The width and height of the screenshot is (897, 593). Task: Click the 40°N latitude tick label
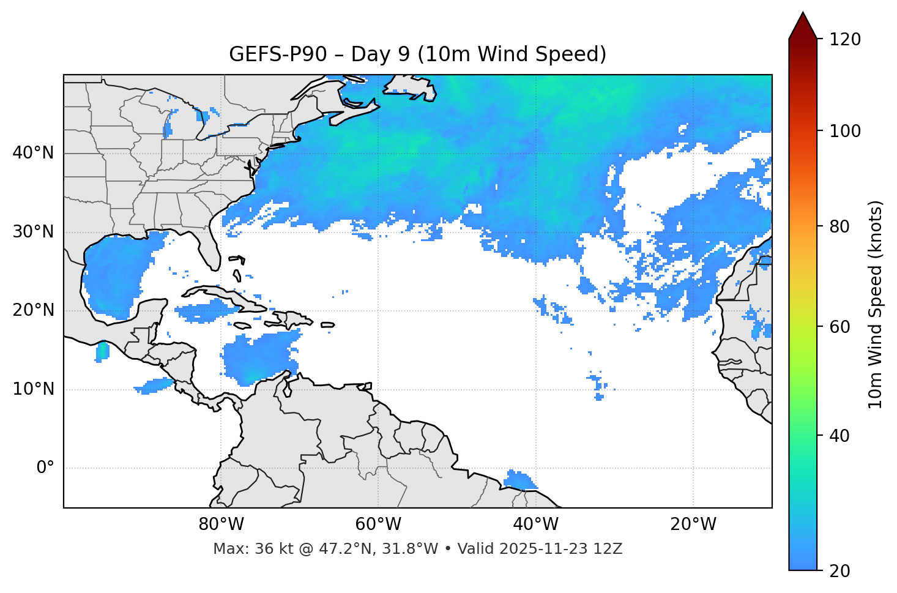[33, 153]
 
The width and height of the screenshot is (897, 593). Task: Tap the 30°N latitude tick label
[33, 232]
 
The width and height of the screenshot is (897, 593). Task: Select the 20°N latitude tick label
[33, 310]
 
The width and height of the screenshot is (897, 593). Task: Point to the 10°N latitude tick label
[33, 389]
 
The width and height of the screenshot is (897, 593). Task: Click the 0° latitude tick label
[45, 468]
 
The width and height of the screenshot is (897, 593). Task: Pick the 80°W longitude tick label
[221, 524]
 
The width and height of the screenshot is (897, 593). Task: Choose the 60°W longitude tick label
[378, 524]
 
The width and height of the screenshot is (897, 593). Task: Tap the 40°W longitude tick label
[536, 524]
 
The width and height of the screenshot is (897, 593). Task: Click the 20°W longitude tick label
[693, 524]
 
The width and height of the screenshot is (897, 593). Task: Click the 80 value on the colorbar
[843, 226]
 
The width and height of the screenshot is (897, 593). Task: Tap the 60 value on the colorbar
[843, 327]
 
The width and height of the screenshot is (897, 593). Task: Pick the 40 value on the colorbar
[843, 436]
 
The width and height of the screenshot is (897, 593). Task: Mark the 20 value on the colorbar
[843, 571]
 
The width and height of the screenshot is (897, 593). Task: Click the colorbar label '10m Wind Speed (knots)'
[876, 305]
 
